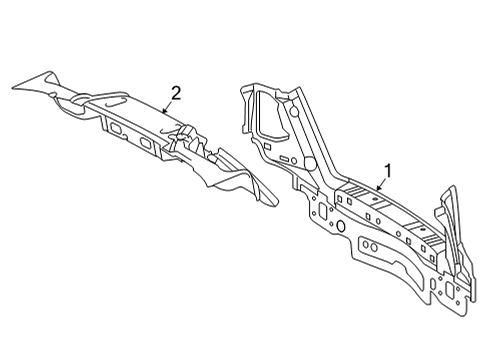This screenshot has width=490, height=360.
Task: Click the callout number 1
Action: coord(387,171)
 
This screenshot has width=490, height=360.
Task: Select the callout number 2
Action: coord(176,93)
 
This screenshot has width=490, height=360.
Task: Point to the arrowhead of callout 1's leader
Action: coord(378,188)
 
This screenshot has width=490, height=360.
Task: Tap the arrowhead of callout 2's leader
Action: coord(163,111)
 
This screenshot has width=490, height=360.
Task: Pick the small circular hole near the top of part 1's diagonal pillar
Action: coord(294,111)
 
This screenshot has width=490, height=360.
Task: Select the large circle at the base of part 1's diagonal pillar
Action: coord(310,163)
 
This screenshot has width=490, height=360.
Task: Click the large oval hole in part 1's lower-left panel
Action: coord(341,226)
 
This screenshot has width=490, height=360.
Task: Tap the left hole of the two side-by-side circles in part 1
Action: coord(366,245)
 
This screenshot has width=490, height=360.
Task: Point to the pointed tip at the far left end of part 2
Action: coord(12,88)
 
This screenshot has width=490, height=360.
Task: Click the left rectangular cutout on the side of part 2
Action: coord(116,128)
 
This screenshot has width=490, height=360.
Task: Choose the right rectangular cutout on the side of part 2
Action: coord(146,142)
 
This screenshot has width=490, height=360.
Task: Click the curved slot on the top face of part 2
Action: coord(117,102)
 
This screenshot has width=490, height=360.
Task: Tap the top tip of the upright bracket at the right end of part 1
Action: coord(453,187)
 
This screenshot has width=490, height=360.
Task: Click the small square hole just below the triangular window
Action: coord(267,146)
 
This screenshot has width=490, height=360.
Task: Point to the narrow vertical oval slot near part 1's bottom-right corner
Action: coord(433,284)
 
